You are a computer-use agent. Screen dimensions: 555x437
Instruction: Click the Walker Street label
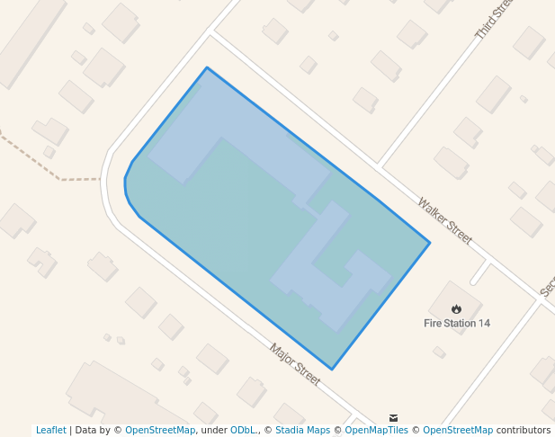tap(444, 220)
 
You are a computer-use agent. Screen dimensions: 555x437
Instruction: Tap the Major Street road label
tap(295, 363)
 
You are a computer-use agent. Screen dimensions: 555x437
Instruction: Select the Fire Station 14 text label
tap(457, 323)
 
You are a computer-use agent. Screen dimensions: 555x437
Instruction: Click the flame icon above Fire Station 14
tap(457, 309)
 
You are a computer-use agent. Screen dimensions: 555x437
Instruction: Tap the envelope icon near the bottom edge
tap(393, 417)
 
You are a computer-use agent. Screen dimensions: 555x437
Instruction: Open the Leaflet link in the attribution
tap(51, 430)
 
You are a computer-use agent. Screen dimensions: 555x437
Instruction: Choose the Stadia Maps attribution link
tap(302, 430)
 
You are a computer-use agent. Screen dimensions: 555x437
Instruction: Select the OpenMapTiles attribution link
tap(375, 430)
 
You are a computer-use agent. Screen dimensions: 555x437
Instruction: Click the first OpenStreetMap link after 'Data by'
tap(160, 430)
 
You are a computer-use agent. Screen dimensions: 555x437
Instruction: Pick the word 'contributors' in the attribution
tap(524, 430)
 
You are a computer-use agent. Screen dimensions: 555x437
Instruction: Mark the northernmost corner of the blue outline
tap(207, 67)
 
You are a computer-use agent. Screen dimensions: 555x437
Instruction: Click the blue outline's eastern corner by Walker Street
tap(429, 243)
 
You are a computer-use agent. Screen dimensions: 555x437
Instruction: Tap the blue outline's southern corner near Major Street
tap(332, 369)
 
